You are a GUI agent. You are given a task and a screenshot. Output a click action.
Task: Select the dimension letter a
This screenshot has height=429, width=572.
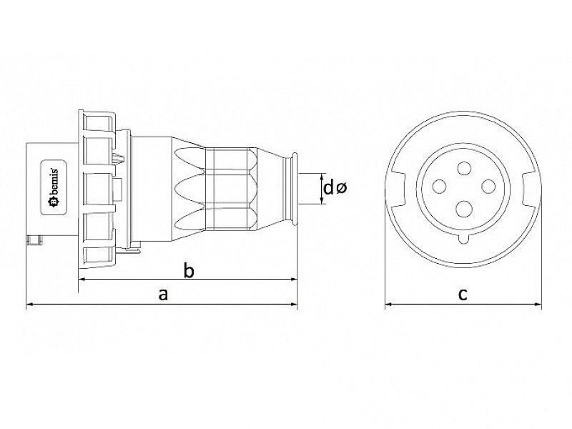163,294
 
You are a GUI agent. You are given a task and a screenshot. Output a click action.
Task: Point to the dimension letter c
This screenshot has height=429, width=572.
463,294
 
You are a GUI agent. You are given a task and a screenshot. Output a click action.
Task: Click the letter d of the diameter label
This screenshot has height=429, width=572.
328,189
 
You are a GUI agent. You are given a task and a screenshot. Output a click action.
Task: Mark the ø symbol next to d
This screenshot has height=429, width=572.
341,189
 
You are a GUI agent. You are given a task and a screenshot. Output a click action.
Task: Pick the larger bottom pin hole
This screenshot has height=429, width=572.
463,208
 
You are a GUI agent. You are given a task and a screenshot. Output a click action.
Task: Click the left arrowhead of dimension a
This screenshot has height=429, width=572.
29,306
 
